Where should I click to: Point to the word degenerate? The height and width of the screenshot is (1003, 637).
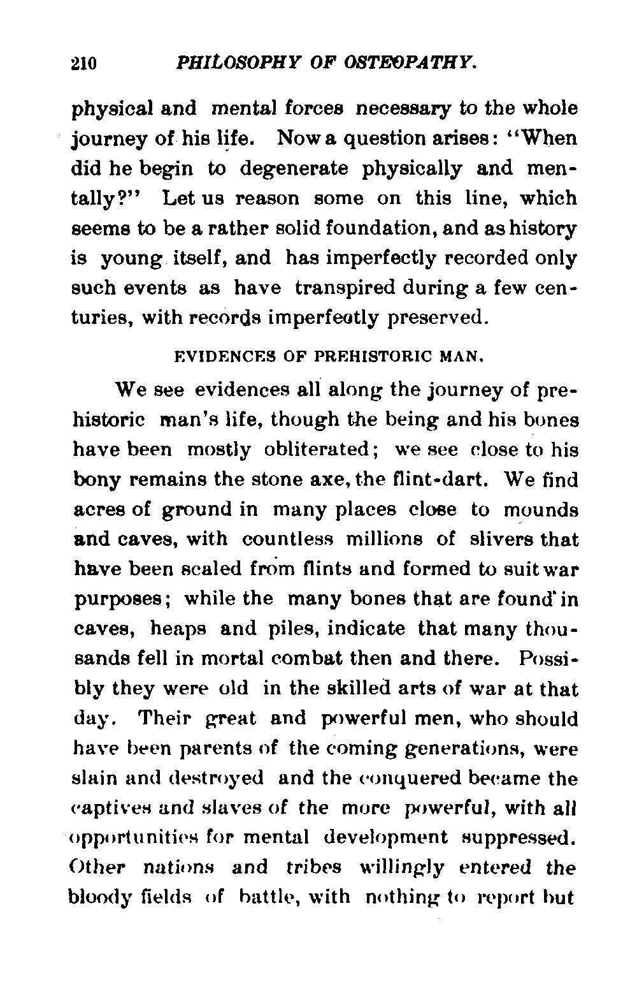[294, 170]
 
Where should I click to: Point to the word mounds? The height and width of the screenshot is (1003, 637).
[541, 510]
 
